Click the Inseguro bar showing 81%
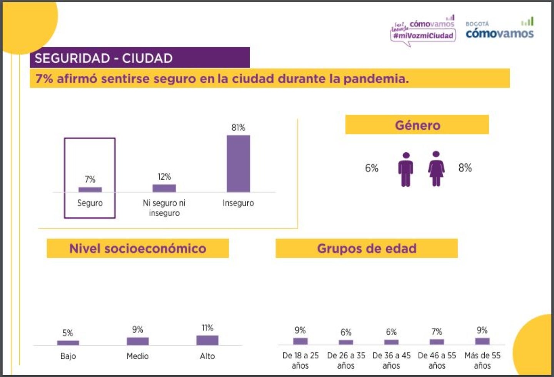pos(238,163)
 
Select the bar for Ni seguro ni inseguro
pos(164,188)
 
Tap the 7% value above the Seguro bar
pos(90,179)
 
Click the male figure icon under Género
pos(405,169)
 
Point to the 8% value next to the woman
pos(465,168)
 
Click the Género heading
pos(417,125)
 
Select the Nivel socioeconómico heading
pos(138,249)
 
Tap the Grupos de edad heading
pos(367,249)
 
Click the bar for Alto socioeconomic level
pos(207,340)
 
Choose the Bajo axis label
pos(68,356)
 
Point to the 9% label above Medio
pos(137,330)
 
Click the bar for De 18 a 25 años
pos(300,341)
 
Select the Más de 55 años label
pos(482,360)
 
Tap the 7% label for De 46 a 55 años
pos(437,332)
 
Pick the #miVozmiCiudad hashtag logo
pos(423,35)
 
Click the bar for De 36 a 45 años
pos(391,342)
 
